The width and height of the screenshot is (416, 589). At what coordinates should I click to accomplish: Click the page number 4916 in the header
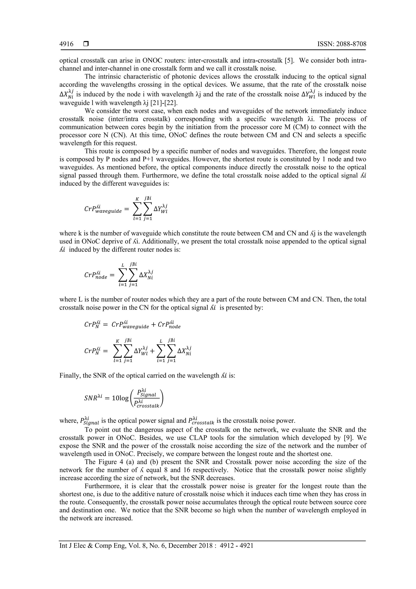pos(66,44)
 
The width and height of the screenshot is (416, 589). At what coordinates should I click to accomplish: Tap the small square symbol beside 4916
pos(86,44)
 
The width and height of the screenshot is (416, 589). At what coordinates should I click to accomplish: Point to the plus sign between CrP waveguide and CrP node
pos(153,324)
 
